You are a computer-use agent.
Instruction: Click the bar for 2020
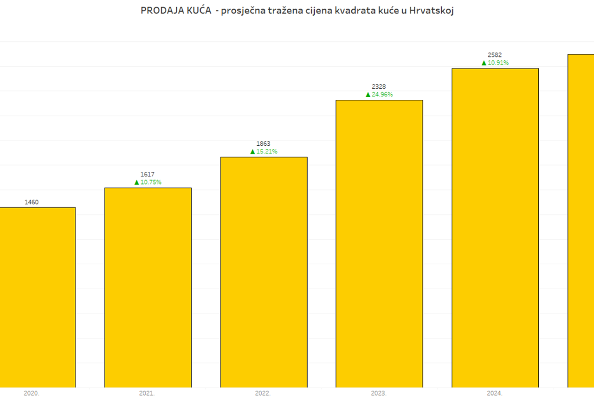[37, 297]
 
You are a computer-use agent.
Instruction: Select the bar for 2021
[148, 287]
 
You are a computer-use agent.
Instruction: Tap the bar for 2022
[264, 272]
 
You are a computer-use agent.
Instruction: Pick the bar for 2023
[379, 244]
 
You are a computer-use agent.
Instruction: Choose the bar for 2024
[495, 228]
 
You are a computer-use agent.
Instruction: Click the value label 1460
[32, 202]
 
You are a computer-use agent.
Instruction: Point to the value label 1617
[148, 175]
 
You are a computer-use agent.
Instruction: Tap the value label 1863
[263, 144]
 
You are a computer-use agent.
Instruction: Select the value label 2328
[379, 87]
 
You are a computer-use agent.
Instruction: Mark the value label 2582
[495, 55]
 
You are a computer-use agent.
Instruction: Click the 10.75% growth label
[151, 182]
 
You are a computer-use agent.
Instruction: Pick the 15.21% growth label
[267, 152]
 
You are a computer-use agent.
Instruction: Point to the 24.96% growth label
[382, 95]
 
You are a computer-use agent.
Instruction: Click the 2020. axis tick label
[32, 393]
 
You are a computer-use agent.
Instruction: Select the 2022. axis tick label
[263, 393]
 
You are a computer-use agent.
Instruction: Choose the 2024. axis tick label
[494, 393]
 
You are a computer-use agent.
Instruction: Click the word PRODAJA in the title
[160, 11]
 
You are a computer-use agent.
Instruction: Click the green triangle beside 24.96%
[368, 95]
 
